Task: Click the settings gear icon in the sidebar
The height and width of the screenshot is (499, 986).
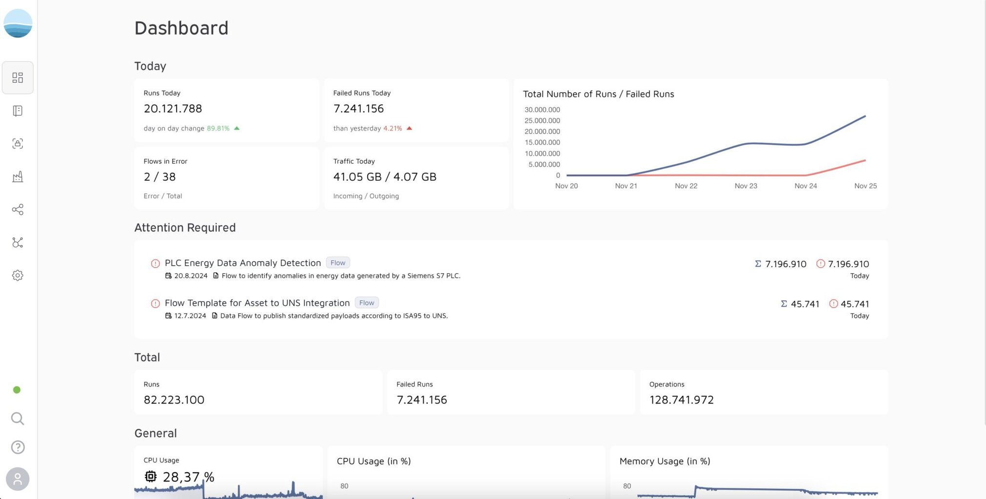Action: point(18,275)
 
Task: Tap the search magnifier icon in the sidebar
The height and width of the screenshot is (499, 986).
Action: point(18,419)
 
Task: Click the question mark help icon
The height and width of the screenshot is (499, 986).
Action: point(18,447)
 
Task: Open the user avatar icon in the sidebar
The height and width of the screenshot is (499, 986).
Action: point(18,479)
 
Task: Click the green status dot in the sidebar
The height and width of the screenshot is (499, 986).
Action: point(17,390)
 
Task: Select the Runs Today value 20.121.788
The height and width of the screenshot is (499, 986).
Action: point(173,108)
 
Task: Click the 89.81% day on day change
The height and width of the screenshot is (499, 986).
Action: point(218,128)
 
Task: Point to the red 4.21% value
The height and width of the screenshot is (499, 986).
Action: point(393,128)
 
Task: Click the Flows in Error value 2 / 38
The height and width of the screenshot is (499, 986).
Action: point(159,176)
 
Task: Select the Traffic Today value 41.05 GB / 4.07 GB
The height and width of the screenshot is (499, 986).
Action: point(385,176)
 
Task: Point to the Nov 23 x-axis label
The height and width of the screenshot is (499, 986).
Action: point(746,186)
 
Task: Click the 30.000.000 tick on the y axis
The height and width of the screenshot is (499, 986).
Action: point(542,110)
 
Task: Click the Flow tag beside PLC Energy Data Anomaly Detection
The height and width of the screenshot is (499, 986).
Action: point(338,263)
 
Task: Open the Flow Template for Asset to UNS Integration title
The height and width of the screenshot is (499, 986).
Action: point(257,303)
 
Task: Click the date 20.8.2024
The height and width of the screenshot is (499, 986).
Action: point(191,275)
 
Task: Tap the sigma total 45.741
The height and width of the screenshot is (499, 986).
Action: point(800,304)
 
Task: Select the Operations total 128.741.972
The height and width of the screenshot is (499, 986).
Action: point(681,400)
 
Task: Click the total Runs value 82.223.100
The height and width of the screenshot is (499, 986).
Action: point(174,400)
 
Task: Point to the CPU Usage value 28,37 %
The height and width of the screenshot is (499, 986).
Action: point(188,477)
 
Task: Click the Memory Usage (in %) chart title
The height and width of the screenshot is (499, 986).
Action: point(665,461)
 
